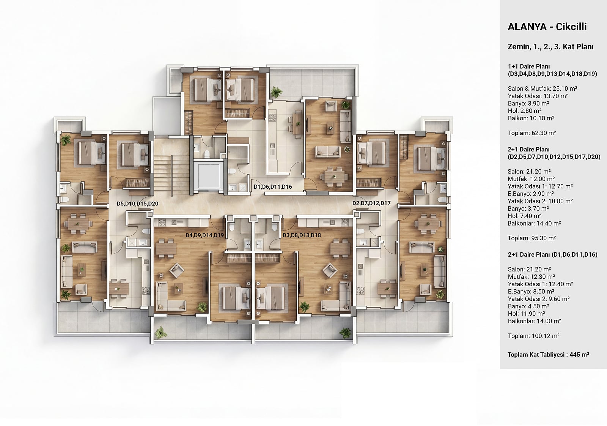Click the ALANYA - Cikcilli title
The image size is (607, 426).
click(547, 27)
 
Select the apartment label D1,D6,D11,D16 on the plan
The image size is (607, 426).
click(273, 186)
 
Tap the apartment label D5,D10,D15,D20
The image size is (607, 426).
click(137, 204)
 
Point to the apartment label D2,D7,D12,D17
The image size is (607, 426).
click(371, 203)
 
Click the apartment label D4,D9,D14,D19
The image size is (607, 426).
click(205, 235)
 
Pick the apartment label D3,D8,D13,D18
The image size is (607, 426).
click(302, 235)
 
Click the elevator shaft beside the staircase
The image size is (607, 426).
click(208, 176)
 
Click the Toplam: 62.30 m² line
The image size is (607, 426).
click(532, 133)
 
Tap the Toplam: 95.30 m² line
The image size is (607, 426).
click(532, 238)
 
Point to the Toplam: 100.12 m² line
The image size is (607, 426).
click(534, 336)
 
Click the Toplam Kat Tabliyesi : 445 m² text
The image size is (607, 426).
click(549, 355)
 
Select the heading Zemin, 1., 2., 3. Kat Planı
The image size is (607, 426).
click(550, 47)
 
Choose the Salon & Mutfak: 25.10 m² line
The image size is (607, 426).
click(543, 89)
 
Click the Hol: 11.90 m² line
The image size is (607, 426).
click(527, 314)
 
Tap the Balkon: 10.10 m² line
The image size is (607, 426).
click(531, 118)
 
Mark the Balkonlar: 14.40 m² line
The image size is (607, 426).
click(535, 223)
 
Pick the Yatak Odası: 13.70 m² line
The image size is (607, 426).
click(538, 96)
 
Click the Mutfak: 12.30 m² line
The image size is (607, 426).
click(532, 276)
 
